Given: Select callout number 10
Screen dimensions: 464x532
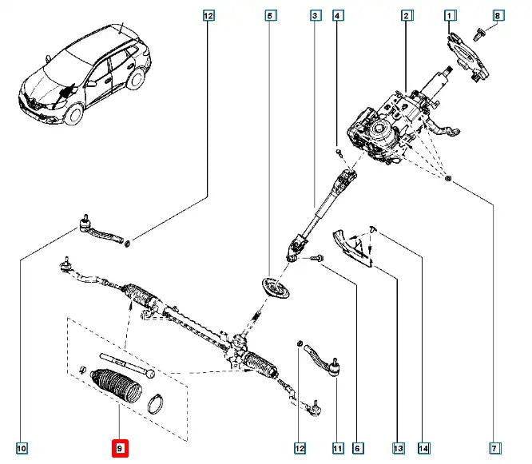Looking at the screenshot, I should pyautogui.click(x=22, y=449).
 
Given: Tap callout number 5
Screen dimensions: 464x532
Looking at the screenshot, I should pyautogui.click(x=271, y=15).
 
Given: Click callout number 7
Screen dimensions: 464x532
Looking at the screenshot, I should pyautogui.click(x=496, y=449).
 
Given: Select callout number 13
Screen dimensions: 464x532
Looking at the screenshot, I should pyautogui.click(x=397, y=449).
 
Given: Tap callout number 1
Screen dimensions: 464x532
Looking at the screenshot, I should pyautogui.click(x=451, y=15).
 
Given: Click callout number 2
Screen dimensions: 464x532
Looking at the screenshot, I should pyautogui.click(x=407, y=15).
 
